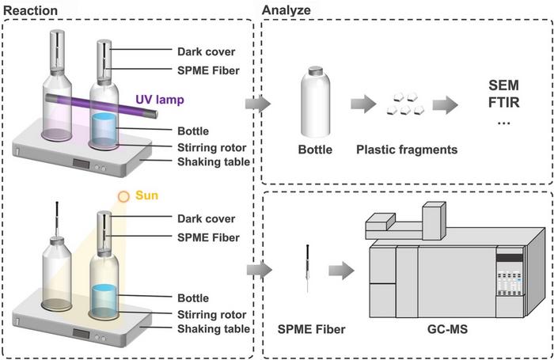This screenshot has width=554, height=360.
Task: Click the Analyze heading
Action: [x=286, y=10]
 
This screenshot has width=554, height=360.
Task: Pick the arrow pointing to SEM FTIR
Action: [x=445, y=104]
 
